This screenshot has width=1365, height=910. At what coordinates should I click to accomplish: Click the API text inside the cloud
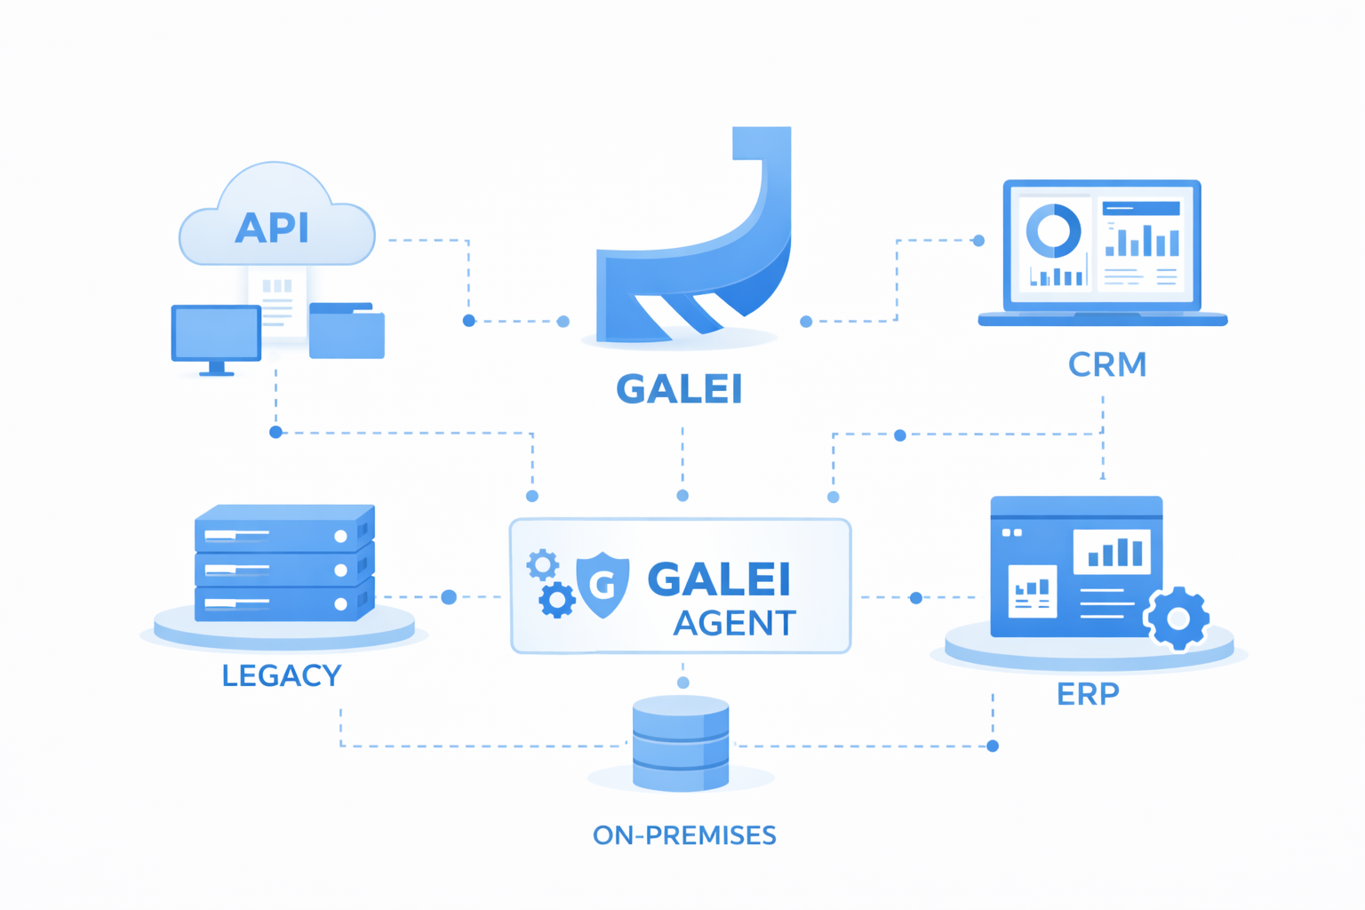(x=272, y=228)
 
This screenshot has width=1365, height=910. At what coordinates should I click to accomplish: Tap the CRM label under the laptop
(x=1107, y=364)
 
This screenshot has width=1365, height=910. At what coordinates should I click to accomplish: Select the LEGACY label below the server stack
(x=281, y=675)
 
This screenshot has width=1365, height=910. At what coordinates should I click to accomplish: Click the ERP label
(x=1088, y=693)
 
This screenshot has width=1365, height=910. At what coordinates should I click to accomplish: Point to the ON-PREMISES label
(x=684, y=835)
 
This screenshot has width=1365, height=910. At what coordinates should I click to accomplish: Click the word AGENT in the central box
(x=734, y=624)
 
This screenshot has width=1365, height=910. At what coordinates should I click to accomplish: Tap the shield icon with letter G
(x=603, y=584)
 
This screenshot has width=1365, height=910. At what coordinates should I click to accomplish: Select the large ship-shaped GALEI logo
(x=702, y=258)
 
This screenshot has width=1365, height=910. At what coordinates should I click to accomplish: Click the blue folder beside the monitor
(x=347, y=332)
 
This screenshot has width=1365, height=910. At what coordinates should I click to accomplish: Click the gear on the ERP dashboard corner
(x=1177, y=619)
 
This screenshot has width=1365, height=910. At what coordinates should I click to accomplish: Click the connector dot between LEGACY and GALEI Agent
(x=449, y=597)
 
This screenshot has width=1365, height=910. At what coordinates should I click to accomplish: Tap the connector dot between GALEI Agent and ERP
(x=916, y=598)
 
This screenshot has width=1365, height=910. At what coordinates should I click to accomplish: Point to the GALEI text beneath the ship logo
(x=679, y=389)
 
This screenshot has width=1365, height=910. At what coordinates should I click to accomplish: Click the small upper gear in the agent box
(x=542, y=564)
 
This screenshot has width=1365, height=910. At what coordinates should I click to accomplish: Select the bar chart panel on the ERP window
(x=1112, y=551)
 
